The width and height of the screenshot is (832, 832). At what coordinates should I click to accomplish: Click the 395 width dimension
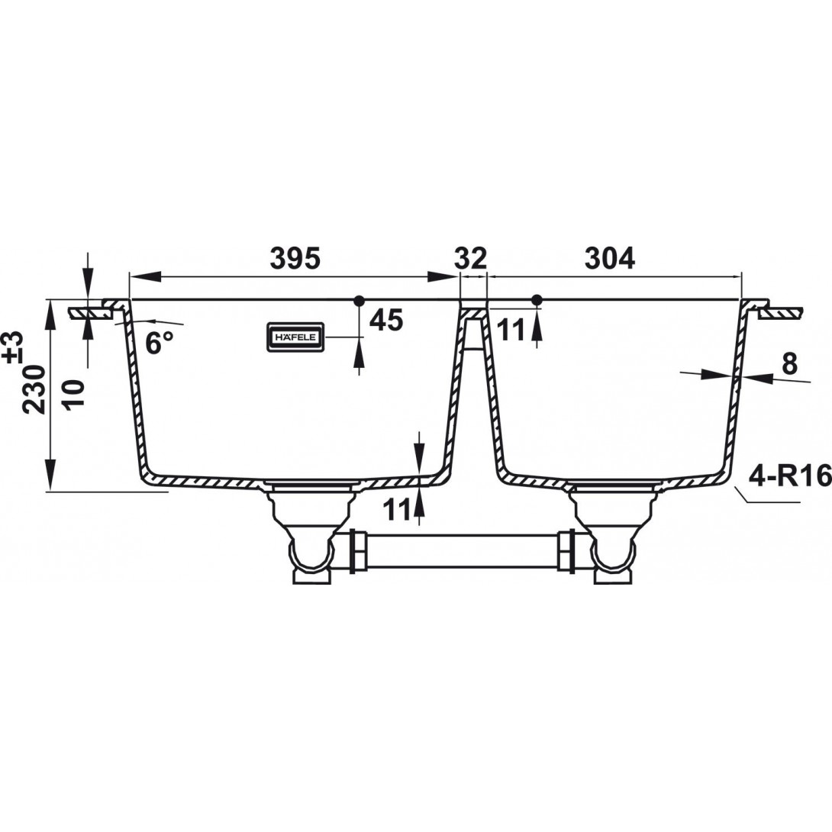pos(295,259)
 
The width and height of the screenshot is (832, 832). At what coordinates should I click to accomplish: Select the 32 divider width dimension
pos(471,259)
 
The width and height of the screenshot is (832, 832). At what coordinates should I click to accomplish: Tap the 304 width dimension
pos(610,259)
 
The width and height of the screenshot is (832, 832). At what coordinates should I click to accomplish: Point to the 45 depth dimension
pos(386,320)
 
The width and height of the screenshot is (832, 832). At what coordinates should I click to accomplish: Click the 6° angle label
pos(160,343)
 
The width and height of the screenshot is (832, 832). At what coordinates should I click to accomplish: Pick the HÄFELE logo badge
pos(295,337)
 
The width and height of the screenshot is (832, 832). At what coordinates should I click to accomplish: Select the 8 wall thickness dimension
pos(789,365)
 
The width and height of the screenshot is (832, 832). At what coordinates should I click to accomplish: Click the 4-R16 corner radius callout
pos(790,476)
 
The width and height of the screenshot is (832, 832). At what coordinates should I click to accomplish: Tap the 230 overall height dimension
pos(36,389)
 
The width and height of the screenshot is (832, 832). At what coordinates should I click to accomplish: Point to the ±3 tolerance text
pos(15,347)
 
